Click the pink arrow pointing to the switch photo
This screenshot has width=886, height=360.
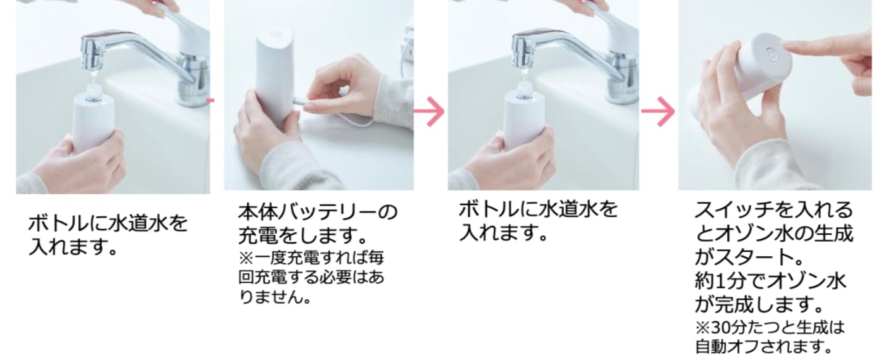tap(658, 111)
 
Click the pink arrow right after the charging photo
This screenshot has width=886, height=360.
tap(429, 111)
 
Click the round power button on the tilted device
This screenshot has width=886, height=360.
tap(771, 53)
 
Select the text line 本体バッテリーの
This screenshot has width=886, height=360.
tap(318, 213)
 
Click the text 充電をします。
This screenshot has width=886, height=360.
tap(303, 235)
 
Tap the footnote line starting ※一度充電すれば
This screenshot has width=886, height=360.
tap(311, 258)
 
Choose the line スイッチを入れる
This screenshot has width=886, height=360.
tap(774, 210)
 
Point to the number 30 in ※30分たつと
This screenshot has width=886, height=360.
tap(721, 328)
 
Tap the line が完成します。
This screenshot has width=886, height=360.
tap(759, 305)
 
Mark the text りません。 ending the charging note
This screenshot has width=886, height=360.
tap(275, 297)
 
